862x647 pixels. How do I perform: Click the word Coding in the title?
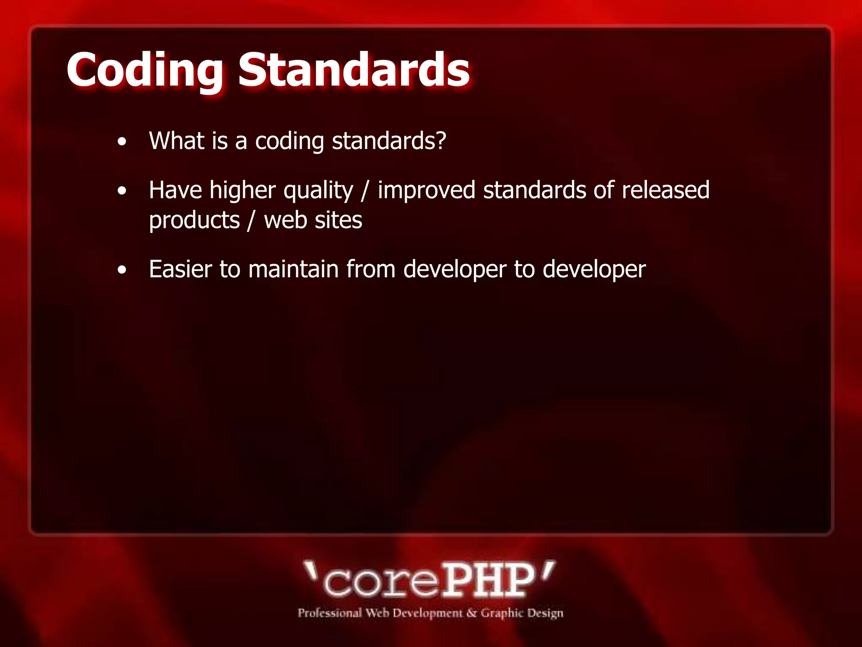[x=144, y=70]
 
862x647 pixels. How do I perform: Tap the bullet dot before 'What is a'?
[x=122, y=142]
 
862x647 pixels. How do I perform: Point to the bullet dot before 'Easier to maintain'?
[x=122, y=270]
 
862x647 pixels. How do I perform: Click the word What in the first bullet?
[x=177, y=141]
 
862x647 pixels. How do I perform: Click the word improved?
[x=426, y=190]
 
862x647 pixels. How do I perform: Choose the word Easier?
[x=181, y=269]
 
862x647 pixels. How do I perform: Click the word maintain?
[x=293, y=269]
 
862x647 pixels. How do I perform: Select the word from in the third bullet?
[x=371, y=269]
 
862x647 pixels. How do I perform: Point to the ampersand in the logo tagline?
[x=471, y=613]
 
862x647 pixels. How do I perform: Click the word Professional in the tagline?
[x=330, y=613]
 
